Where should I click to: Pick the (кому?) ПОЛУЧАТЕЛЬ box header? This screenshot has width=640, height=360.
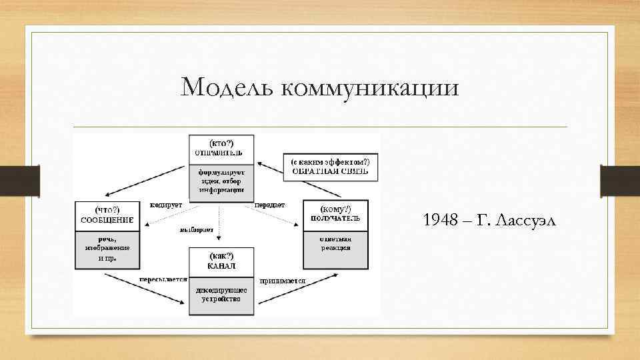335,214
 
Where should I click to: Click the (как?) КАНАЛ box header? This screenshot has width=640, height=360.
222,261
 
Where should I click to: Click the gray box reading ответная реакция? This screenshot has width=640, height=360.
335,243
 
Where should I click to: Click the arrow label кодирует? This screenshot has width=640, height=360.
166,205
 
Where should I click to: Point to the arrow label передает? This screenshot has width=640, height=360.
270,205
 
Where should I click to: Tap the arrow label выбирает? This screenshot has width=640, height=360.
196,230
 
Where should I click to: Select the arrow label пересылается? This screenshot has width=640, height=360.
163,279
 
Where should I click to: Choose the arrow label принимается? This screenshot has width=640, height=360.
283,281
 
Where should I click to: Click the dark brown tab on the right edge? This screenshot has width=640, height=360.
620,180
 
